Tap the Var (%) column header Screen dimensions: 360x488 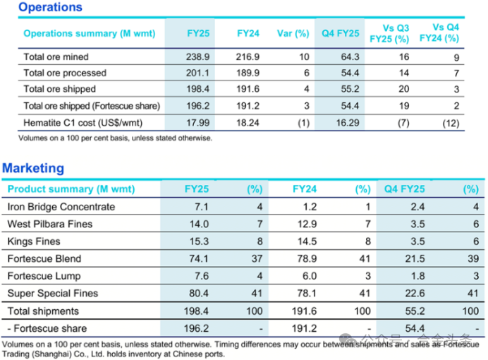coord(293,33)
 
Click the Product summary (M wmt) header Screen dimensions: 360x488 coord(71,189)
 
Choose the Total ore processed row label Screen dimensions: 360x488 coord(65,73)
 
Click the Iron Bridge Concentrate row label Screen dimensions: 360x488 coord(61,207)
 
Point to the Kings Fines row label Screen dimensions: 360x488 coord(35,241)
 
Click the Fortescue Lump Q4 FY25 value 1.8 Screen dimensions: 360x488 coord(417,276)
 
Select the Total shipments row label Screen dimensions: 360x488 coord(43,311)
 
